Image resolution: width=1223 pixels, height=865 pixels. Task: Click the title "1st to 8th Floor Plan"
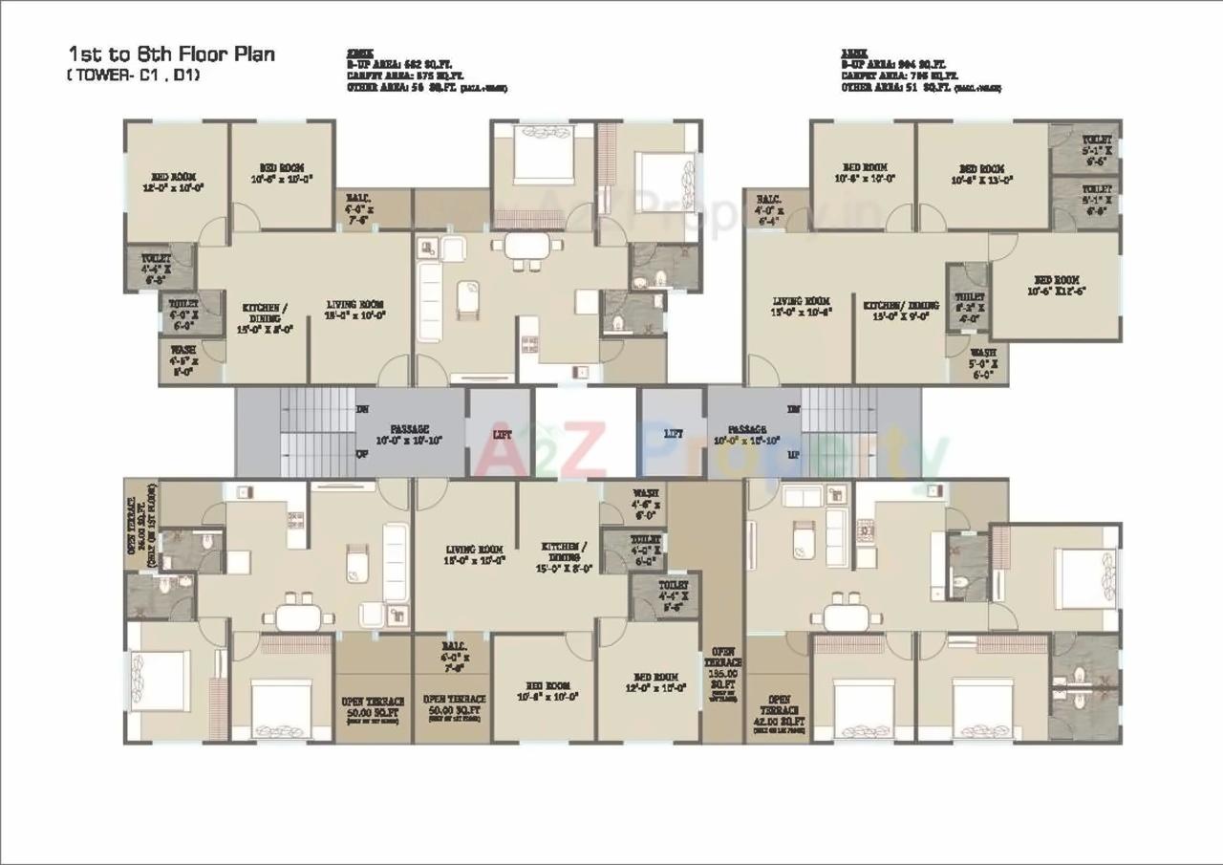(x=171, y=54)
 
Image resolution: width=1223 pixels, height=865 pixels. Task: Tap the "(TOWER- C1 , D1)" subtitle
(x=133, y=75)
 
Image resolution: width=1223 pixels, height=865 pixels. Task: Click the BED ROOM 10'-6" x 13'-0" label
(x=981, y=173)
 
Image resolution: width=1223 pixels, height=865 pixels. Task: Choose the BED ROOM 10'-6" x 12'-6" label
(x=1054, y=285)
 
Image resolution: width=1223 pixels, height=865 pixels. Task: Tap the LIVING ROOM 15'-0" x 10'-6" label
(x=802, y=306)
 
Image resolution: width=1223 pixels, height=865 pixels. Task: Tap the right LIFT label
(x=673, y=433)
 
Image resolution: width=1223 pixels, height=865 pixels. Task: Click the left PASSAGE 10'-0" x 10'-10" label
(x=409, y=435)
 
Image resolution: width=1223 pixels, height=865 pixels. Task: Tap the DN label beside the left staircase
(x=363, y=410)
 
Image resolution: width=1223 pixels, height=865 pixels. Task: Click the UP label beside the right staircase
(x=793, y=455)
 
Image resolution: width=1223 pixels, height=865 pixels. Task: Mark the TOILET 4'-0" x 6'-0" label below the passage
(x=647, y=550)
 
